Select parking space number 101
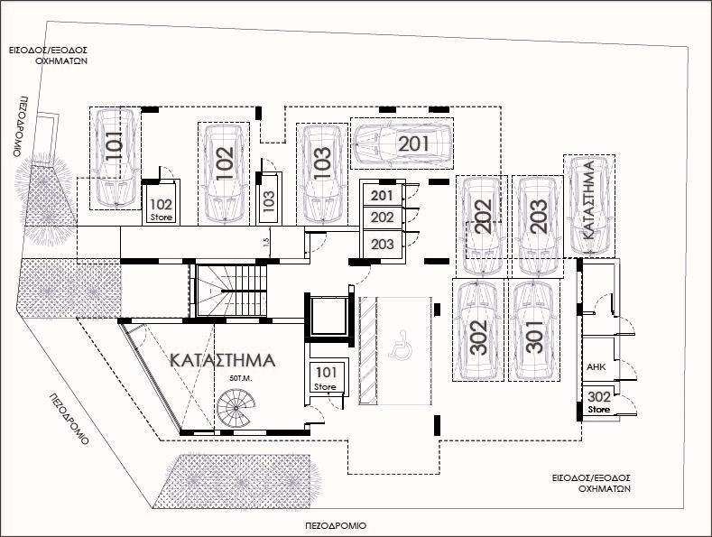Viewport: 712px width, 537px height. point(115,158)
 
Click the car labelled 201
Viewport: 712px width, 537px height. point(402,144)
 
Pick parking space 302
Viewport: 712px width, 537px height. point(478,329)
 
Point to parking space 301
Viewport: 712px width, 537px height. point(534,329)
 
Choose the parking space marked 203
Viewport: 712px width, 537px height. point(538,227)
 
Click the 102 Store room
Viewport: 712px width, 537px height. point(162,203)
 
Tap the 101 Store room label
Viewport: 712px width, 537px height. point(326,379)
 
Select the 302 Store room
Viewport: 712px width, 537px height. point(599,403)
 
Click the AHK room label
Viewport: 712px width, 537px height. point(596,366)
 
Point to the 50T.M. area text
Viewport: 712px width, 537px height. point(240,378)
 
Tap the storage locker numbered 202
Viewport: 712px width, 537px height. point(382,218)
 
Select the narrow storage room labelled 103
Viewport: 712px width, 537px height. point(269,199)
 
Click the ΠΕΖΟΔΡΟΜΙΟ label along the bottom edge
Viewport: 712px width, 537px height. point(336,526)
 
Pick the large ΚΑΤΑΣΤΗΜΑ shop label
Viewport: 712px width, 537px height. point(223,360)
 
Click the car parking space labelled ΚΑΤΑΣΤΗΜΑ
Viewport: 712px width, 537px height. point(589,206)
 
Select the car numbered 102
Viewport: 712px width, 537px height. point(225,174)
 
